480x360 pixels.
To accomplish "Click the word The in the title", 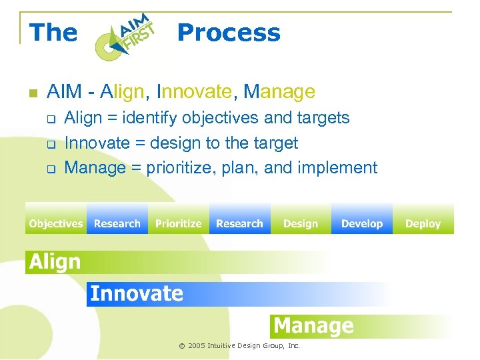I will click(x=53, y=33).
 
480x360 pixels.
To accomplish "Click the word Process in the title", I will click(x=229, y=33).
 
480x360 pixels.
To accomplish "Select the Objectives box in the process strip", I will click(x=56, y=224).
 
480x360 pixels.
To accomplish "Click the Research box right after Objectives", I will click(x=117, y=224).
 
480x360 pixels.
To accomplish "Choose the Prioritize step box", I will click(x=178, y=224).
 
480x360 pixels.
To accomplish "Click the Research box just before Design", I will click(x=239, y=224).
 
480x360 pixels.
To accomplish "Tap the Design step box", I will click(x=301, y=224).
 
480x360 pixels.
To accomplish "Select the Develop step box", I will click(x=362, y=224).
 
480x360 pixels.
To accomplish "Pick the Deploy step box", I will click(x=423, y=224).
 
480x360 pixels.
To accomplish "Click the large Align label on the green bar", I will click(x=55, y=262).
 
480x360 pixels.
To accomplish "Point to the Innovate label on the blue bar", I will click(x=136, y=293).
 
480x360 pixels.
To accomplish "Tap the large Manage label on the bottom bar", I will click(x=313, y=326).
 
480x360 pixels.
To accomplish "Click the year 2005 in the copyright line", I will click(x=197, y=346).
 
